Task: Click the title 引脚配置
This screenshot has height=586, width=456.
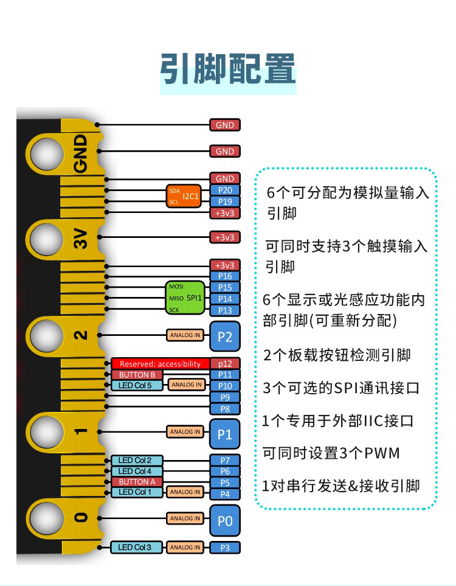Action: point(228,69)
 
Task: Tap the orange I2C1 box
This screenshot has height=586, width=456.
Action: point(184,196)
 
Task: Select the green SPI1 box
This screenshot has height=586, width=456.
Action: point(185,298)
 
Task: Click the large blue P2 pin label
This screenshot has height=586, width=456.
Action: point(225,337)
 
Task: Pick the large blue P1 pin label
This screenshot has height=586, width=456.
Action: point(225,434)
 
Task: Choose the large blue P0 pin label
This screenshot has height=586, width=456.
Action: point(225,521)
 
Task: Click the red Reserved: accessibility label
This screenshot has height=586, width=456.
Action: point(161,364)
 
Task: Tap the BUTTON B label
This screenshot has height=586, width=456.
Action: point(137,375)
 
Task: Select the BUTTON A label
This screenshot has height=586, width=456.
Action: point(137,482)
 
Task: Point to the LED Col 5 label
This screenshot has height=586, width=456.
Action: point(137,385)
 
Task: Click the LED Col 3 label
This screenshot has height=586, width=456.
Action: point(136,547)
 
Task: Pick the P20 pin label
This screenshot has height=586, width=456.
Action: point(225,190)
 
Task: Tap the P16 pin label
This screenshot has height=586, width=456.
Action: point(225,276)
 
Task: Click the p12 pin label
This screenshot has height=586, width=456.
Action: point(225,364)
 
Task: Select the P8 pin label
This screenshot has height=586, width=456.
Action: point(225,409)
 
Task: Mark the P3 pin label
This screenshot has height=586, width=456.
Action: point(225,548)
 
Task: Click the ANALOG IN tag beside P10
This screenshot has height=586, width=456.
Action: point(187,385)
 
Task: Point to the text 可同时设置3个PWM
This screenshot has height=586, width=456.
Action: point(331,453)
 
